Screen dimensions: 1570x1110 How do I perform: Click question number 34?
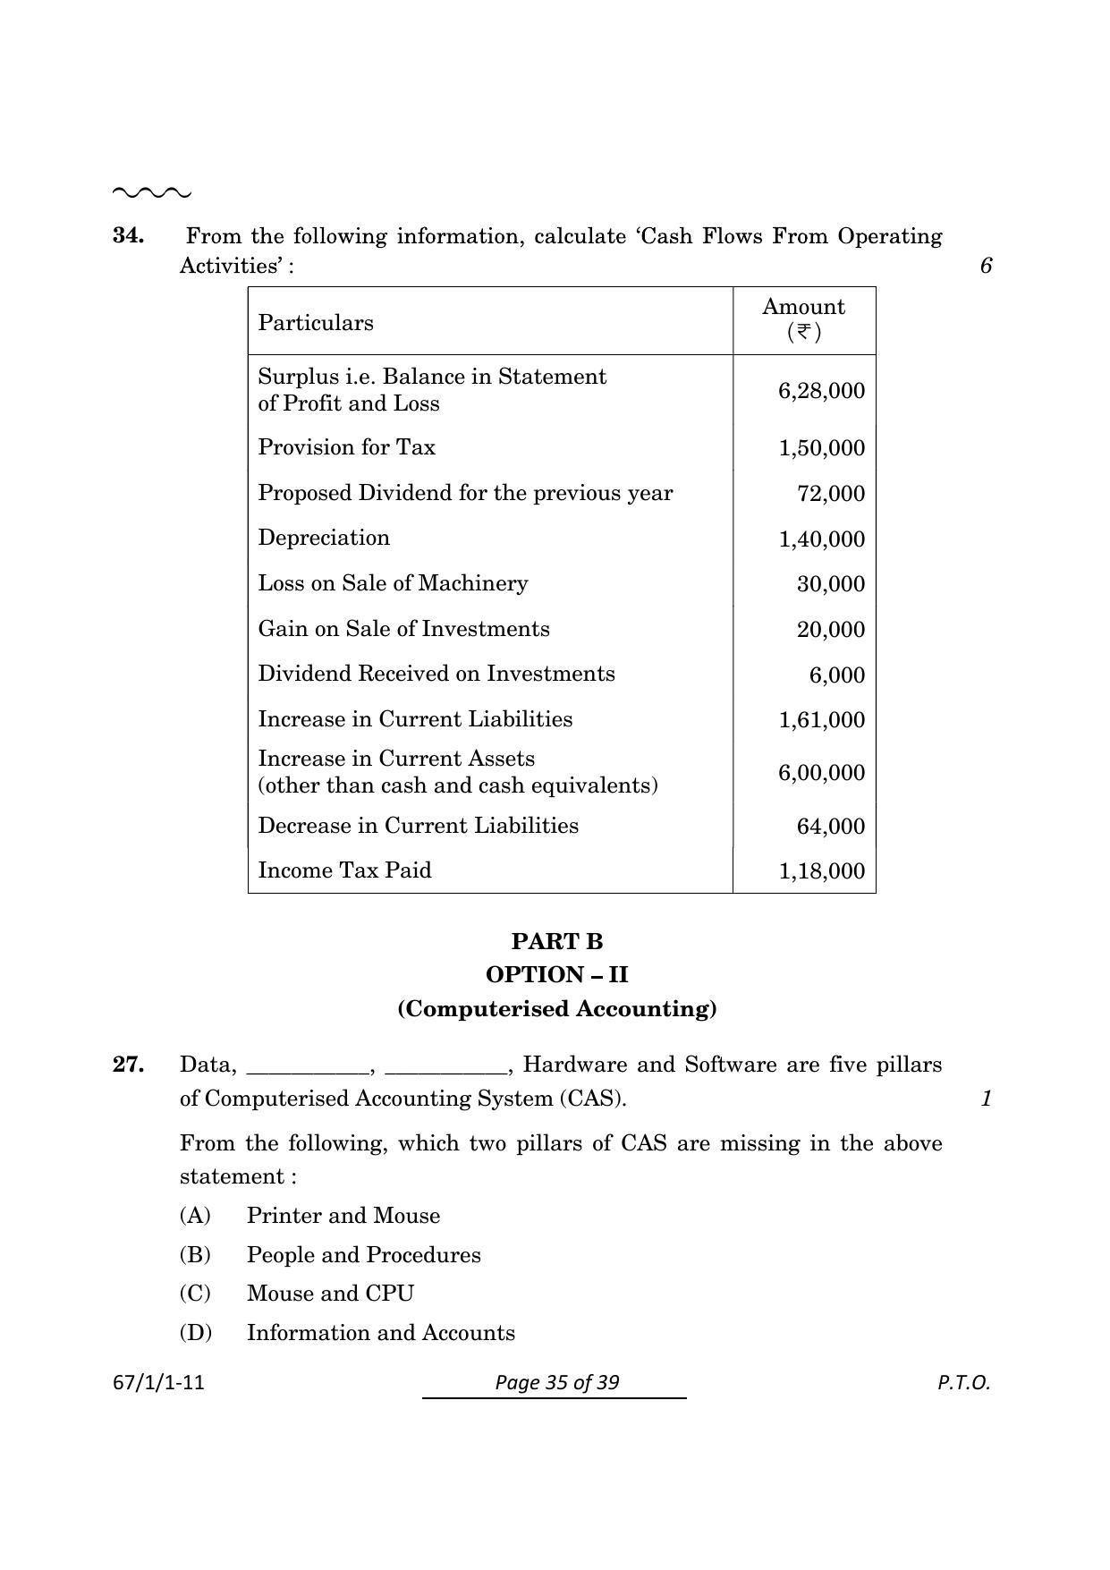pos(128,236)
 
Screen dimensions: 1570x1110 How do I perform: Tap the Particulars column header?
pos(316,323)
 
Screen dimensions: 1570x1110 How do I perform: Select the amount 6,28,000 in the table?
pos(821,391)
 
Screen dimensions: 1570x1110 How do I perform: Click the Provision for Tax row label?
pos(346,447)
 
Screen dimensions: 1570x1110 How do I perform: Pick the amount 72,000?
pos(831,494)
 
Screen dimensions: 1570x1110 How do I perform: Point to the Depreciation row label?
pos(324,538)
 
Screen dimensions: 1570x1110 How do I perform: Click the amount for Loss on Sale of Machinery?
pos(831,584)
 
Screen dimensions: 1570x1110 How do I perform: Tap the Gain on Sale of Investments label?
pos(403,629)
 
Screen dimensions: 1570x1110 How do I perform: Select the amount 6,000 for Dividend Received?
pos(837,675)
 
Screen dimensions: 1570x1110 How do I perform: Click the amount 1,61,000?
pos(821,720)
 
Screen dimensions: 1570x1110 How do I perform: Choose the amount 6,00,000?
pos(821,773)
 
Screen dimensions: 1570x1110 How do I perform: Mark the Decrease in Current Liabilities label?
pos(418,826)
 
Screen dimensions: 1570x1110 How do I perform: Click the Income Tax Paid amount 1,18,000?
pos(821,871)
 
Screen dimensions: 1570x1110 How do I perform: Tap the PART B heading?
pos(557,941)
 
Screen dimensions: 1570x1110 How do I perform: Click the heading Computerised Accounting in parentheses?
pos(557,1009)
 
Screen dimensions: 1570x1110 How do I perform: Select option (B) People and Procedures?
pos(363,1255)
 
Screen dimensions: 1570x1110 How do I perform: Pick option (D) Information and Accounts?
pos(380,1333)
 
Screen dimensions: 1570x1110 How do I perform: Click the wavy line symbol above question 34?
pos(151,192)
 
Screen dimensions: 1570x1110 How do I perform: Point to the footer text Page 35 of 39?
pos(556,1383)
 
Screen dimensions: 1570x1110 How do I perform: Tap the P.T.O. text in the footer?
pos(963,1383)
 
